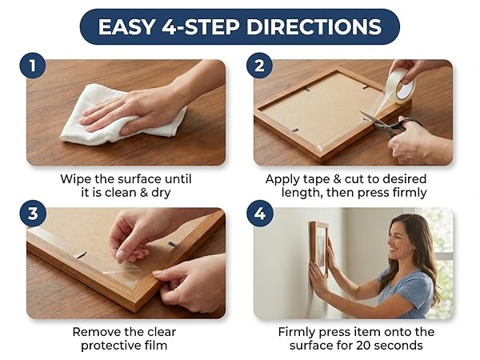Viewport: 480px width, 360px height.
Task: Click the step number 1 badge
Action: [x=33, y=66]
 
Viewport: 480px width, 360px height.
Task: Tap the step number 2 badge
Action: [x=259, y=66]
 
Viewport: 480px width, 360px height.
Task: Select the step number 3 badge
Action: [x=33, y=214]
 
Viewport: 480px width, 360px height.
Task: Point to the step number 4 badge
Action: [x=260, y=214]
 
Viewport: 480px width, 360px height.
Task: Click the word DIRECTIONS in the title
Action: [x=314, y=27]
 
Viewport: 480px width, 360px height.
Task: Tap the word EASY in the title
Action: [x=127, y=27]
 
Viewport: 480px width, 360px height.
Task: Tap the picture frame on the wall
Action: [x=319, y=247]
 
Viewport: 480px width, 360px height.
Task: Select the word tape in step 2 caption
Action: [x=316, y=179]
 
